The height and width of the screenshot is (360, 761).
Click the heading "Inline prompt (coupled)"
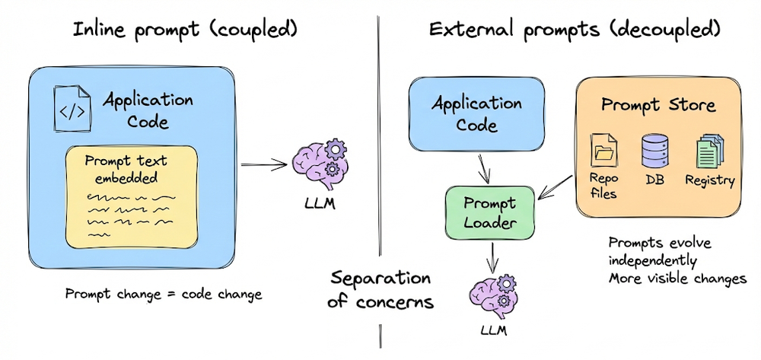pyautogui.click(x=182, y=31)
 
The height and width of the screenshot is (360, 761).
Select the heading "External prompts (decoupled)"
pyautogui.click(x=574, y=31)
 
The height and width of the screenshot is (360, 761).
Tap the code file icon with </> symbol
pyautogui.click(x=72, y=110)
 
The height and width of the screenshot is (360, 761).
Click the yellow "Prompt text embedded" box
pyautogui.click(x=131, y=193)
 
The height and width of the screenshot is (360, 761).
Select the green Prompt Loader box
pyautogui.click(x=489, y=214)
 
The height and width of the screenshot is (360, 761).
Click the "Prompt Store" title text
pyautogui.click(x=658, y=104)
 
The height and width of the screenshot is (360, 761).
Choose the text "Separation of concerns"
pyautogui.click(x=380, y=289)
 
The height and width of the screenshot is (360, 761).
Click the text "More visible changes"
pyautogui.click(x=677, y=279)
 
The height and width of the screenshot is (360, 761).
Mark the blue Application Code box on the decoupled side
pyautogui.click(x=476, y=113)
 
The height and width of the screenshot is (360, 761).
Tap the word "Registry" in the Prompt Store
pyautogui.click(x=710, y=180)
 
